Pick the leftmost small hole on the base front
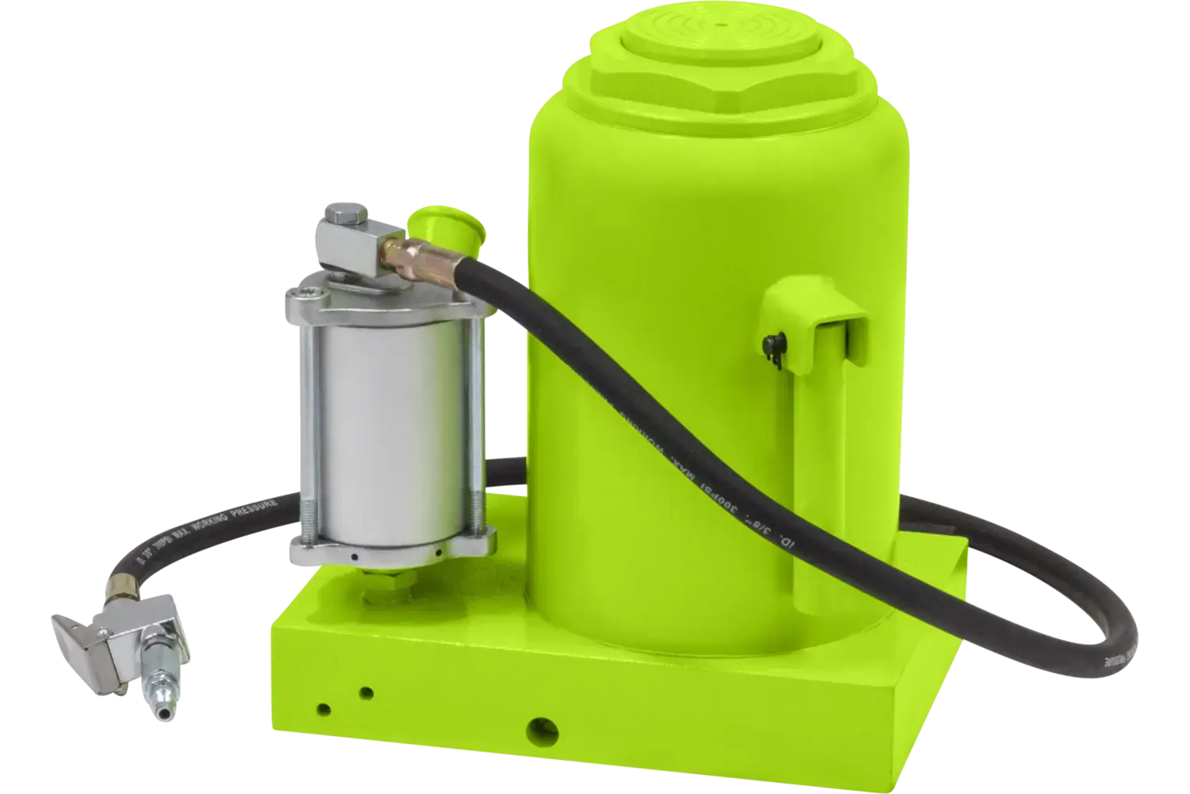(x=323, y=708)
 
